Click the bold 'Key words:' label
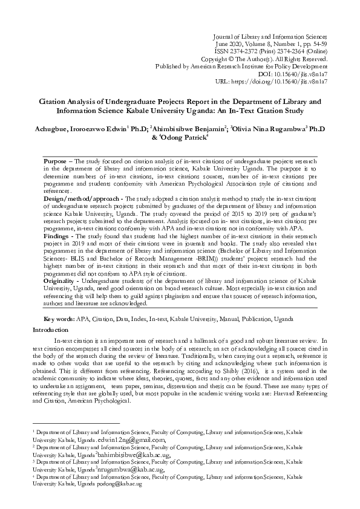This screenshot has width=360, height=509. point(59,319)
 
